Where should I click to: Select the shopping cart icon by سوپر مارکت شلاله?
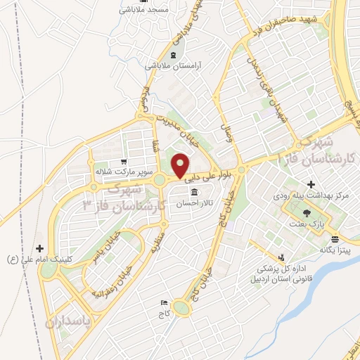124,161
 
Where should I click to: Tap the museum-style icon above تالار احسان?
194,193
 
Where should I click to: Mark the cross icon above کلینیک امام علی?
40,248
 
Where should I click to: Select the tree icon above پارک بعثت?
305,212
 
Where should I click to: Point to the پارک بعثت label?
306,223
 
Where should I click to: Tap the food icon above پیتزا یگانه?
333,238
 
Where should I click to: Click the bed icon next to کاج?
164,302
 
